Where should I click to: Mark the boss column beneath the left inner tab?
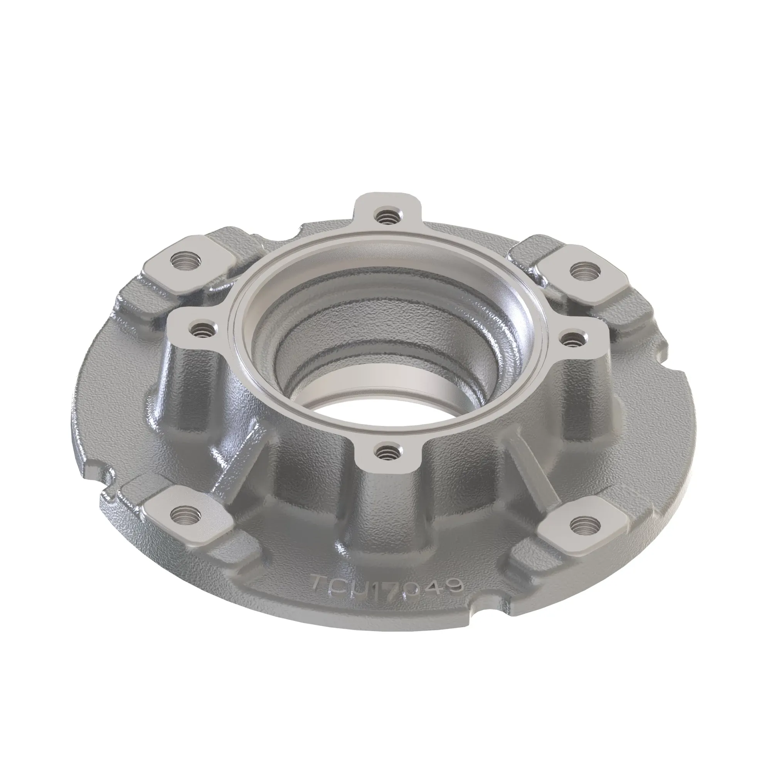(x=192, y=383)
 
